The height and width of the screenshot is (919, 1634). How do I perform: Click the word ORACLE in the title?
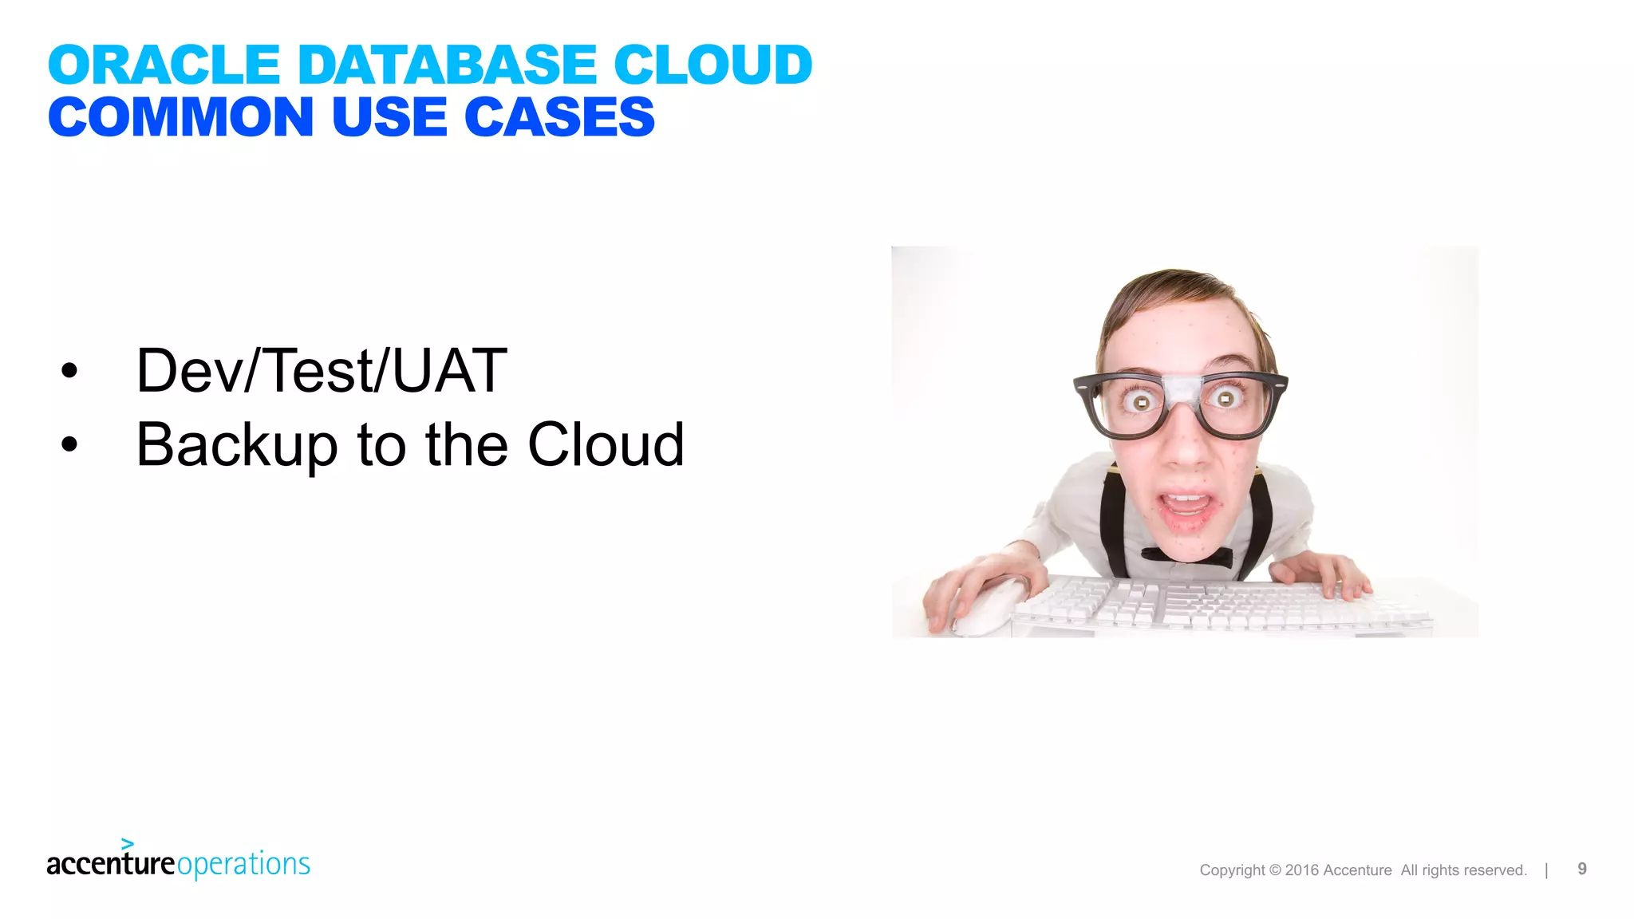tap(164, 65)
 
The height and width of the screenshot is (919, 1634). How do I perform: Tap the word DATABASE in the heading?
tap(446, 65)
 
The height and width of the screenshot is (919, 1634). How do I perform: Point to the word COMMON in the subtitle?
tap(180, 117)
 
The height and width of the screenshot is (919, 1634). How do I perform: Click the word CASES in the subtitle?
tap(559, 117)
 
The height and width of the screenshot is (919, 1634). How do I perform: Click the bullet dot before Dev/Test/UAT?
tap(70, 370)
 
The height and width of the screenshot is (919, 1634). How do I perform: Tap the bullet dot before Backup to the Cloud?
tap(70, 444)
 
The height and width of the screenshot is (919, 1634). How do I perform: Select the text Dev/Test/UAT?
tap(322, 370)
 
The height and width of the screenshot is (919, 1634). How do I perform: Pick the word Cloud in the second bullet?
tap(606, 444)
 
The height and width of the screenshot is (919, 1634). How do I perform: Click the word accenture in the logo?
tap(110, 864)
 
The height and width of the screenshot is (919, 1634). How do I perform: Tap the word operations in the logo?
tap(243, 865)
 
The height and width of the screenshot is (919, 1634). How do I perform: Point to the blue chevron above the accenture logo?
tap(128, 843)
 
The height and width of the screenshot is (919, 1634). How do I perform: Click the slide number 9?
tap(1582, 869)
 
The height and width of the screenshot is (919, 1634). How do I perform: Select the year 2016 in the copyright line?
tap(1302, 870)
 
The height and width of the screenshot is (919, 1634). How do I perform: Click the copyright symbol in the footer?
tap(1275, 870)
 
